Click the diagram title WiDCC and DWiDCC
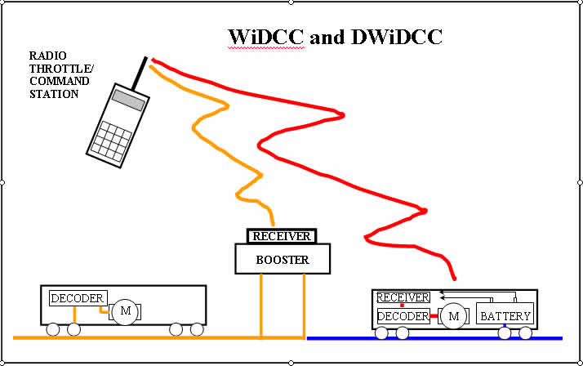click(x=336, y=37)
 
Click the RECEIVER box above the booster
click(x=282, y=237)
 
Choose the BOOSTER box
click(x=283, y=260)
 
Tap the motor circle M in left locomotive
click(x=125, y=310)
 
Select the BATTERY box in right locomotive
click(x=505, y=316)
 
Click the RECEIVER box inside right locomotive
click(x=403, y=297)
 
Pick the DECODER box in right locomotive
click(x=403, y=316)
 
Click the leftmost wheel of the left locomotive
click(x=53, y=330)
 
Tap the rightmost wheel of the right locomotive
click(x=525, y=333)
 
